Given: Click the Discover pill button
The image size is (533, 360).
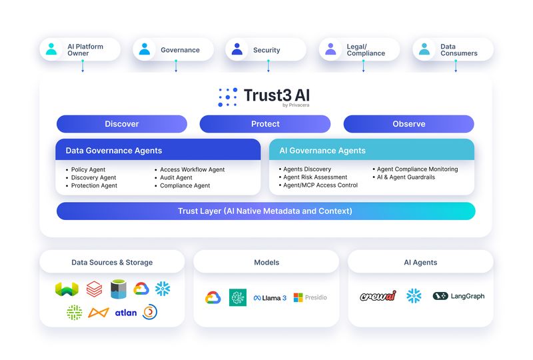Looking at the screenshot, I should click(x=122, y=124).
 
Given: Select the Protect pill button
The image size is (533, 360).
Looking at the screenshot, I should click(x=265, y=124).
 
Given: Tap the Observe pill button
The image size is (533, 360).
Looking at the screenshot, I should click(x=408, y=124).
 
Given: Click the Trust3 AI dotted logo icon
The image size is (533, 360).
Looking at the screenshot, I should click(x=228, y=97).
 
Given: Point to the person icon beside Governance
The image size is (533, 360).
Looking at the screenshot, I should click(x=145, y=49).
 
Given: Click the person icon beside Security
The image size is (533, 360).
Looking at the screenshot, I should click(x=237, y=49).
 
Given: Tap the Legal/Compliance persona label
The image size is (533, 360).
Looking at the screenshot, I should click(x=366, y=50).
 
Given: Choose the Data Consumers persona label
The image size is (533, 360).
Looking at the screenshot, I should click(x=458, y=50).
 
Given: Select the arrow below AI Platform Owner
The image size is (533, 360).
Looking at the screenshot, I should click(x=83, y=66).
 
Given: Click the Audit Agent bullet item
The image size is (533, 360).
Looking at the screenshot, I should click(x=176, y=178).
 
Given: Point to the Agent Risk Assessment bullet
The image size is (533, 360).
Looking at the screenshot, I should click(x=314, y=177).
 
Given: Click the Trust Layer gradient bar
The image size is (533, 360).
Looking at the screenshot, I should click(x=266, y=211).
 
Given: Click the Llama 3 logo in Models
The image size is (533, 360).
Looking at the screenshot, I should click(x=270, y=298).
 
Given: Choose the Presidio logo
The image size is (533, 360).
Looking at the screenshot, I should click(x=310, y=298).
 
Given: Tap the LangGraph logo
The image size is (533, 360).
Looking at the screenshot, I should click(x=458, y=296).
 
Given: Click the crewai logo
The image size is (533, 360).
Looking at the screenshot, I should click(x=378, y=296).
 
